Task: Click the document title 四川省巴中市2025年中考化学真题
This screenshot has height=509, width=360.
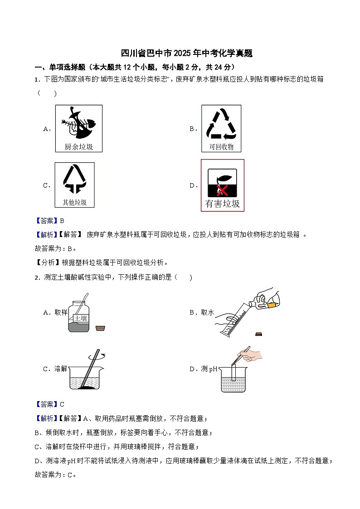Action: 187,53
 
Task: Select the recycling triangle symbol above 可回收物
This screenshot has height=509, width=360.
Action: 221,124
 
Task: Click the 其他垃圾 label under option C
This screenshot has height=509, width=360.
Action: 74,202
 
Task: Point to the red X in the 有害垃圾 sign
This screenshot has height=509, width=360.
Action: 222,190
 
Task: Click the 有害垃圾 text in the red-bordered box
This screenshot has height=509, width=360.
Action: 222,204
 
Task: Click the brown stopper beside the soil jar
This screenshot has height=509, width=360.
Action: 101,328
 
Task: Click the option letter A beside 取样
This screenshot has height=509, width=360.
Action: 46,312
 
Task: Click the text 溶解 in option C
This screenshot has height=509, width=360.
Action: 61,369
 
